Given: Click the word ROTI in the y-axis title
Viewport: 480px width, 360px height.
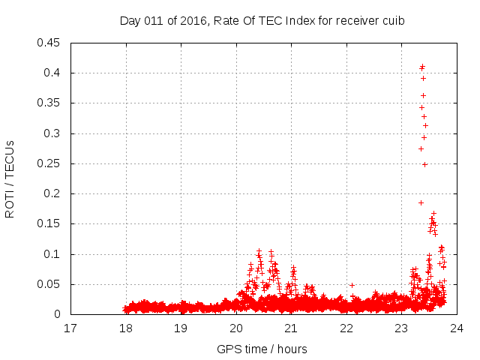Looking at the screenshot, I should (10, 203).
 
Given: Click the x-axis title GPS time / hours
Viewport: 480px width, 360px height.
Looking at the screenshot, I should (262, 349).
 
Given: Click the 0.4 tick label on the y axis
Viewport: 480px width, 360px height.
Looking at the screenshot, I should (53, 73).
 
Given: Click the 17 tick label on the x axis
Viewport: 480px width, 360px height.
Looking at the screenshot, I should (70, 328).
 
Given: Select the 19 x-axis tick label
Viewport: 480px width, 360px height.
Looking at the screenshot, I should (181, 328).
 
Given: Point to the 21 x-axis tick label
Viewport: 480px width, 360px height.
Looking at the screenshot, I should (291, 328).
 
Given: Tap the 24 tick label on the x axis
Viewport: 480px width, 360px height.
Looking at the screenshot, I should (456, 328).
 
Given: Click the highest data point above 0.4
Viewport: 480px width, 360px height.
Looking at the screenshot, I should (422, 66).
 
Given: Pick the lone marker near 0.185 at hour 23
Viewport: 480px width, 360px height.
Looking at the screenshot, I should (421, 202).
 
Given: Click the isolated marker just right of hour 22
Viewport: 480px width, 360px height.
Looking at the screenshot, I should (352, 285).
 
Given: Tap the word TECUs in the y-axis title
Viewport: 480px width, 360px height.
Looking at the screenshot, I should (10, 159).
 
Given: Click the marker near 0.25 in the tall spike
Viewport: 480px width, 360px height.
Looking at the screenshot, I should (424, 164).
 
